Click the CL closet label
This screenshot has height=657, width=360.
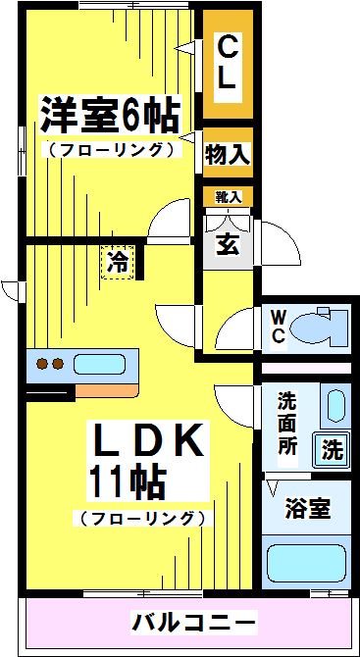click(227, 65)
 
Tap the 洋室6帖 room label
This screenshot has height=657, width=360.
click(109, 117)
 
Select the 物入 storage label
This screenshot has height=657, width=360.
click(228, 153)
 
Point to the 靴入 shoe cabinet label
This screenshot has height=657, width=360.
click(228, 197)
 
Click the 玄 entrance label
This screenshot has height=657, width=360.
click(227, 239)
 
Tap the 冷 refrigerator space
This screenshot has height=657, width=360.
click(117, 262)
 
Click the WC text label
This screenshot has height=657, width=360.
click(278, 327)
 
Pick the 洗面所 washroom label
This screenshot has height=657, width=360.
click(287, 422)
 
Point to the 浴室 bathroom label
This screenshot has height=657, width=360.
click(306, 510)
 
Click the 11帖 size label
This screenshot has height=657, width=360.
click(128, 480)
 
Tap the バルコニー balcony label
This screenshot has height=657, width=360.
click(193, 622)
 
